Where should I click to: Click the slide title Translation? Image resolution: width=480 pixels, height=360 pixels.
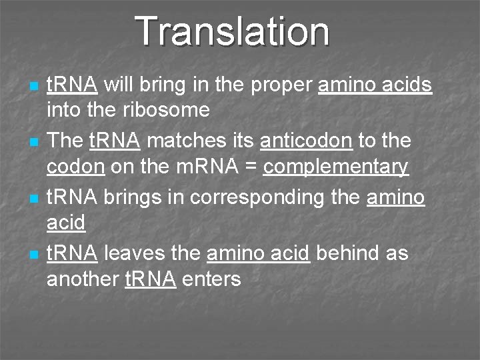tap(232, 31)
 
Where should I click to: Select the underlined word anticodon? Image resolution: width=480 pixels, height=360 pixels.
tap(306, 141)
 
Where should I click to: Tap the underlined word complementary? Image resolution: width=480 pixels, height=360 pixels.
tap(335, 167)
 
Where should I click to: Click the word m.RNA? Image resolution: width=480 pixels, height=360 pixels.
tap(202, 167)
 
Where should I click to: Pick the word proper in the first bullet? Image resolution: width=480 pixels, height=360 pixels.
tap(276, 85)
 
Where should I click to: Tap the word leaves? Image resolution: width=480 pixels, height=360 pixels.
tap(135, 254)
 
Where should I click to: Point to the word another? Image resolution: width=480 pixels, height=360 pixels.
tap(83, 279)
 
